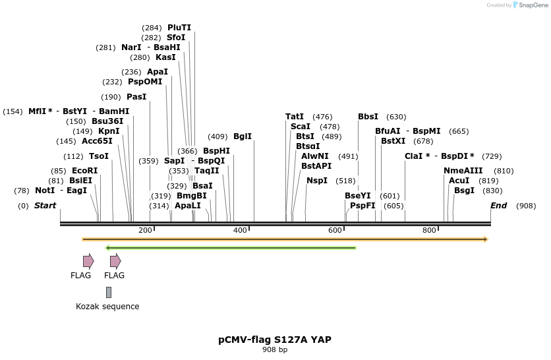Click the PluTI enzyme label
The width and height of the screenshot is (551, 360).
coord(179,28)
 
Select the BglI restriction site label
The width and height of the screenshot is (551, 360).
coord(243,136)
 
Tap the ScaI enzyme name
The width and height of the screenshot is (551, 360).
coord(300,127)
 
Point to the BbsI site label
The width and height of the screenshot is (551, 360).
coord(368,117)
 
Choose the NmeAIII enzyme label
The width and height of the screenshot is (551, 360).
coord(463,171)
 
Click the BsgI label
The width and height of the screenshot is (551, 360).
coord(464,191)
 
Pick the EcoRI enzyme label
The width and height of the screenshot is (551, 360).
coord(85,171)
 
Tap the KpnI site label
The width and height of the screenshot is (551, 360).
coord(109,131)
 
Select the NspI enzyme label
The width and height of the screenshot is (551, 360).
coord(317,181)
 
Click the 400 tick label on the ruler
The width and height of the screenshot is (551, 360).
coord(240,230)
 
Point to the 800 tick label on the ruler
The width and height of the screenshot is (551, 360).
coord(429,230)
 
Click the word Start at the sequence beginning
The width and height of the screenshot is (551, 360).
coord(45,206)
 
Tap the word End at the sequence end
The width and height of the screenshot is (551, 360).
coord(498,206)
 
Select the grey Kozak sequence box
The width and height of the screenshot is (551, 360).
coord(109,292)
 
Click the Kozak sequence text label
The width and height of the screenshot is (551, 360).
coord(107,307)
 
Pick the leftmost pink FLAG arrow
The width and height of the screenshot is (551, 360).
coord(88,262)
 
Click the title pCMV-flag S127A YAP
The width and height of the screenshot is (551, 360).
coord(275,340)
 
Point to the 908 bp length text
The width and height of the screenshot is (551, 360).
coord(275,350)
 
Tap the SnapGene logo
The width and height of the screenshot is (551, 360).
coord(531,5)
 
